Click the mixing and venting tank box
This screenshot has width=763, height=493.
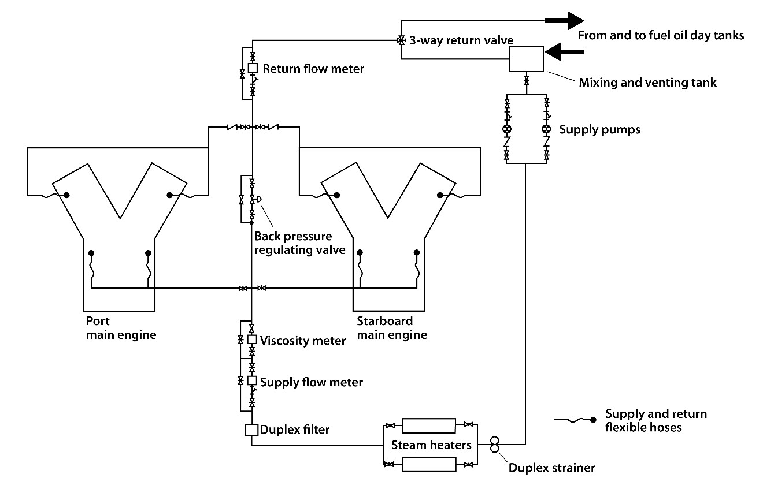(526, 59)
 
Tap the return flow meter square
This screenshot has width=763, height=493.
(253, 68)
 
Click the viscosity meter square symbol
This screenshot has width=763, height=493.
(252, 340)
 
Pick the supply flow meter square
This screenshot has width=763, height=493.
(252, 381)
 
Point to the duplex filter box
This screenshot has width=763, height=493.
(251, 429)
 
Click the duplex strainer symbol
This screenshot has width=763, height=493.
(495, 445)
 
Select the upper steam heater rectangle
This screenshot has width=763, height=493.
(429, 425)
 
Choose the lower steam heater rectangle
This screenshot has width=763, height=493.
(429, 464)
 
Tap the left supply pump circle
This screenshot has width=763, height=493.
(507, 129)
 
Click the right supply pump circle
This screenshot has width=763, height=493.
(546, 129)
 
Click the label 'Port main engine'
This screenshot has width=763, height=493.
(121, 328)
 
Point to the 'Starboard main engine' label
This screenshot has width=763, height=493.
(392, 328)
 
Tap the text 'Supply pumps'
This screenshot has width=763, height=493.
(599, 129)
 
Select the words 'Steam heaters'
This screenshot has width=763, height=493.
(431, 445)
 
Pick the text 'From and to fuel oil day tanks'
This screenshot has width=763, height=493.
(661, 36)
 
